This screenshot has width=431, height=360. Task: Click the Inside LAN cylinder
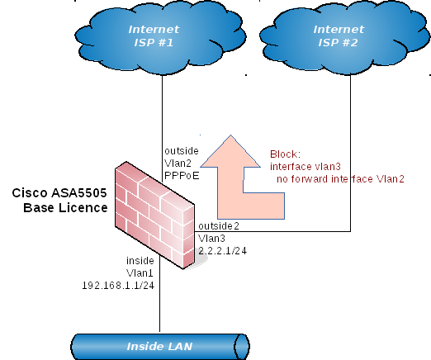point(159,345)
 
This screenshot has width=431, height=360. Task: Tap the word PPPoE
point(182,175)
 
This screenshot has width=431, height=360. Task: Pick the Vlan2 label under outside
point(179,163)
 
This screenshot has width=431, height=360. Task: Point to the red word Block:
point(287,154)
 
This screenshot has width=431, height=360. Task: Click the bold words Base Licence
point(65,207)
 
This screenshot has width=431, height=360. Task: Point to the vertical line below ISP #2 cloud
point(354,149)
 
